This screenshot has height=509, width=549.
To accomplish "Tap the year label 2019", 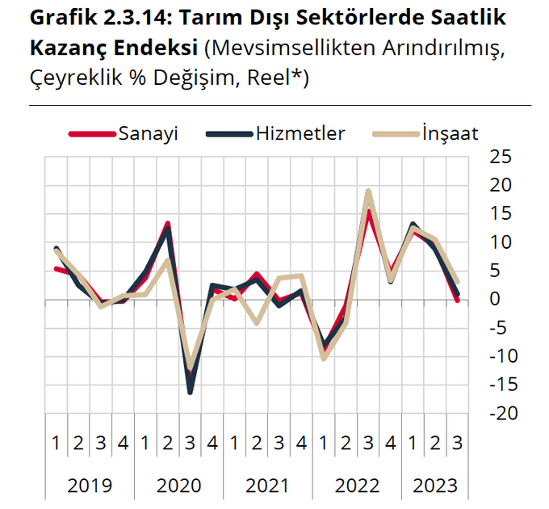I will click(x=90, y=486).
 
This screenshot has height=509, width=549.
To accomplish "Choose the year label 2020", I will click(x=178, y=486).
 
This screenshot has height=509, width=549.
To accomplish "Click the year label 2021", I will click(x=267, y=486).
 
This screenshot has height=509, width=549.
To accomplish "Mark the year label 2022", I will click(x=357, y=486).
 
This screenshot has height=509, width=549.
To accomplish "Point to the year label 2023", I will click(x=434, y=486).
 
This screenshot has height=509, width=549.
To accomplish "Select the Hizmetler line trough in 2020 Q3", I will click(x=190, y=392).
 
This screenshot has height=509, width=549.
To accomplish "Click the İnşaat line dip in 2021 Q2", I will click(x=257, y=322).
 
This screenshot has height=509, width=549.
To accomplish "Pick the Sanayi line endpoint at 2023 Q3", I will click(x=457, y=300).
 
